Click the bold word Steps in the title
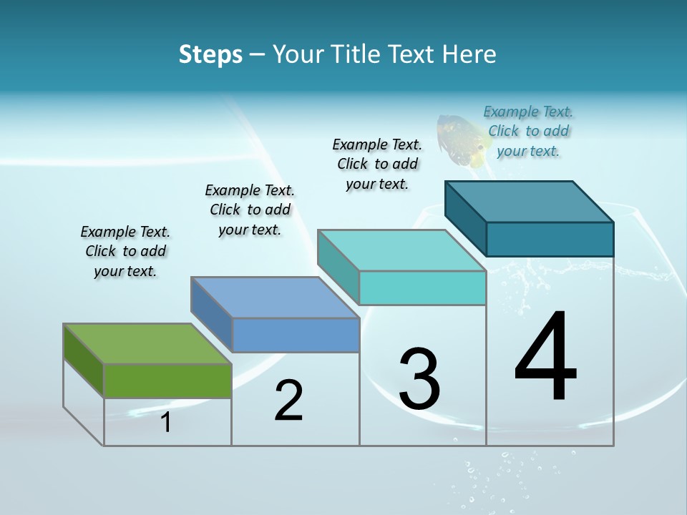[x=210, y=54]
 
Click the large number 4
[x=545, y=357]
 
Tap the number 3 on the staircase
[x=419, y=379]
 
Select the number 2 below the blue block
[x=288, y=401]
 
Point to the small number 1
[x=165, y=423]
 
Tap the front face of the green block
[x=167, y=381]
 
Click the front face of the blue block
[x=296, y=335]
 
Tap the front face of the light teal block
[x=422, y=288]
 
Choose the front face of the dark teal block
[x=550, y=239]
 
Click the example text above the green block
[x=125, y=251]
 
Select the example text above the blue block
[x=250, y=210]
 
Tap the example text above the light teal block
[x=377, y=164]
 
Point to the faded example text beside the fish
[x=528, y=131]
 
